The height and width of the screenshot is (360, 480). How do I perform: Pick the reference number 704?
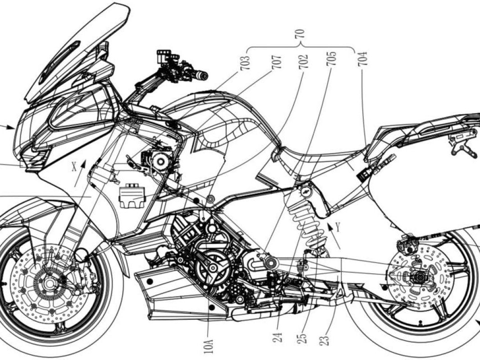click(x=363, y=59)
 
